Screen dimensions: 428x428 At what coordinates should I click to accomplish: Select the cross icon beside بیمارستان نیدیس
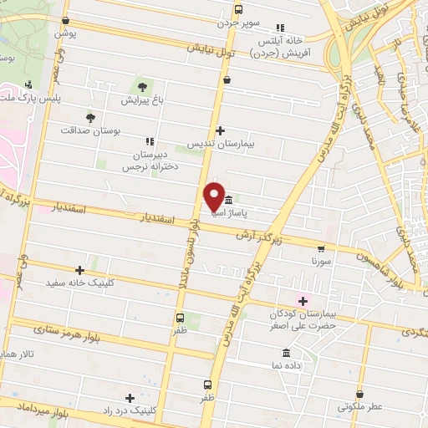(220, 130)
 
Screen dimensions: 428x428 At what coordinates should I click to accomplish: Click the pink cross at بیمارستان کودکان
(303, 301)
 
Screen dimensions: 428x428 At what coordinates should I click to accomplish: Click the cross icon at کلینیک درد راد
(129, 398)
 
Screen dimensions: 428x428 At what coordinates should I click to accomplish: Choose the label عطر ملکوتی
(360, 406)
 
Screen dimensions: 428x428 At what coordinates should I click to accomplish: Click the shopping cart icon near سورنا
(322, 248)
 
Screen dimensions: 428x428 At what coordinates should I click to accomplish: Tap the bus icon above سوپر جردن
(239, 10)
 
